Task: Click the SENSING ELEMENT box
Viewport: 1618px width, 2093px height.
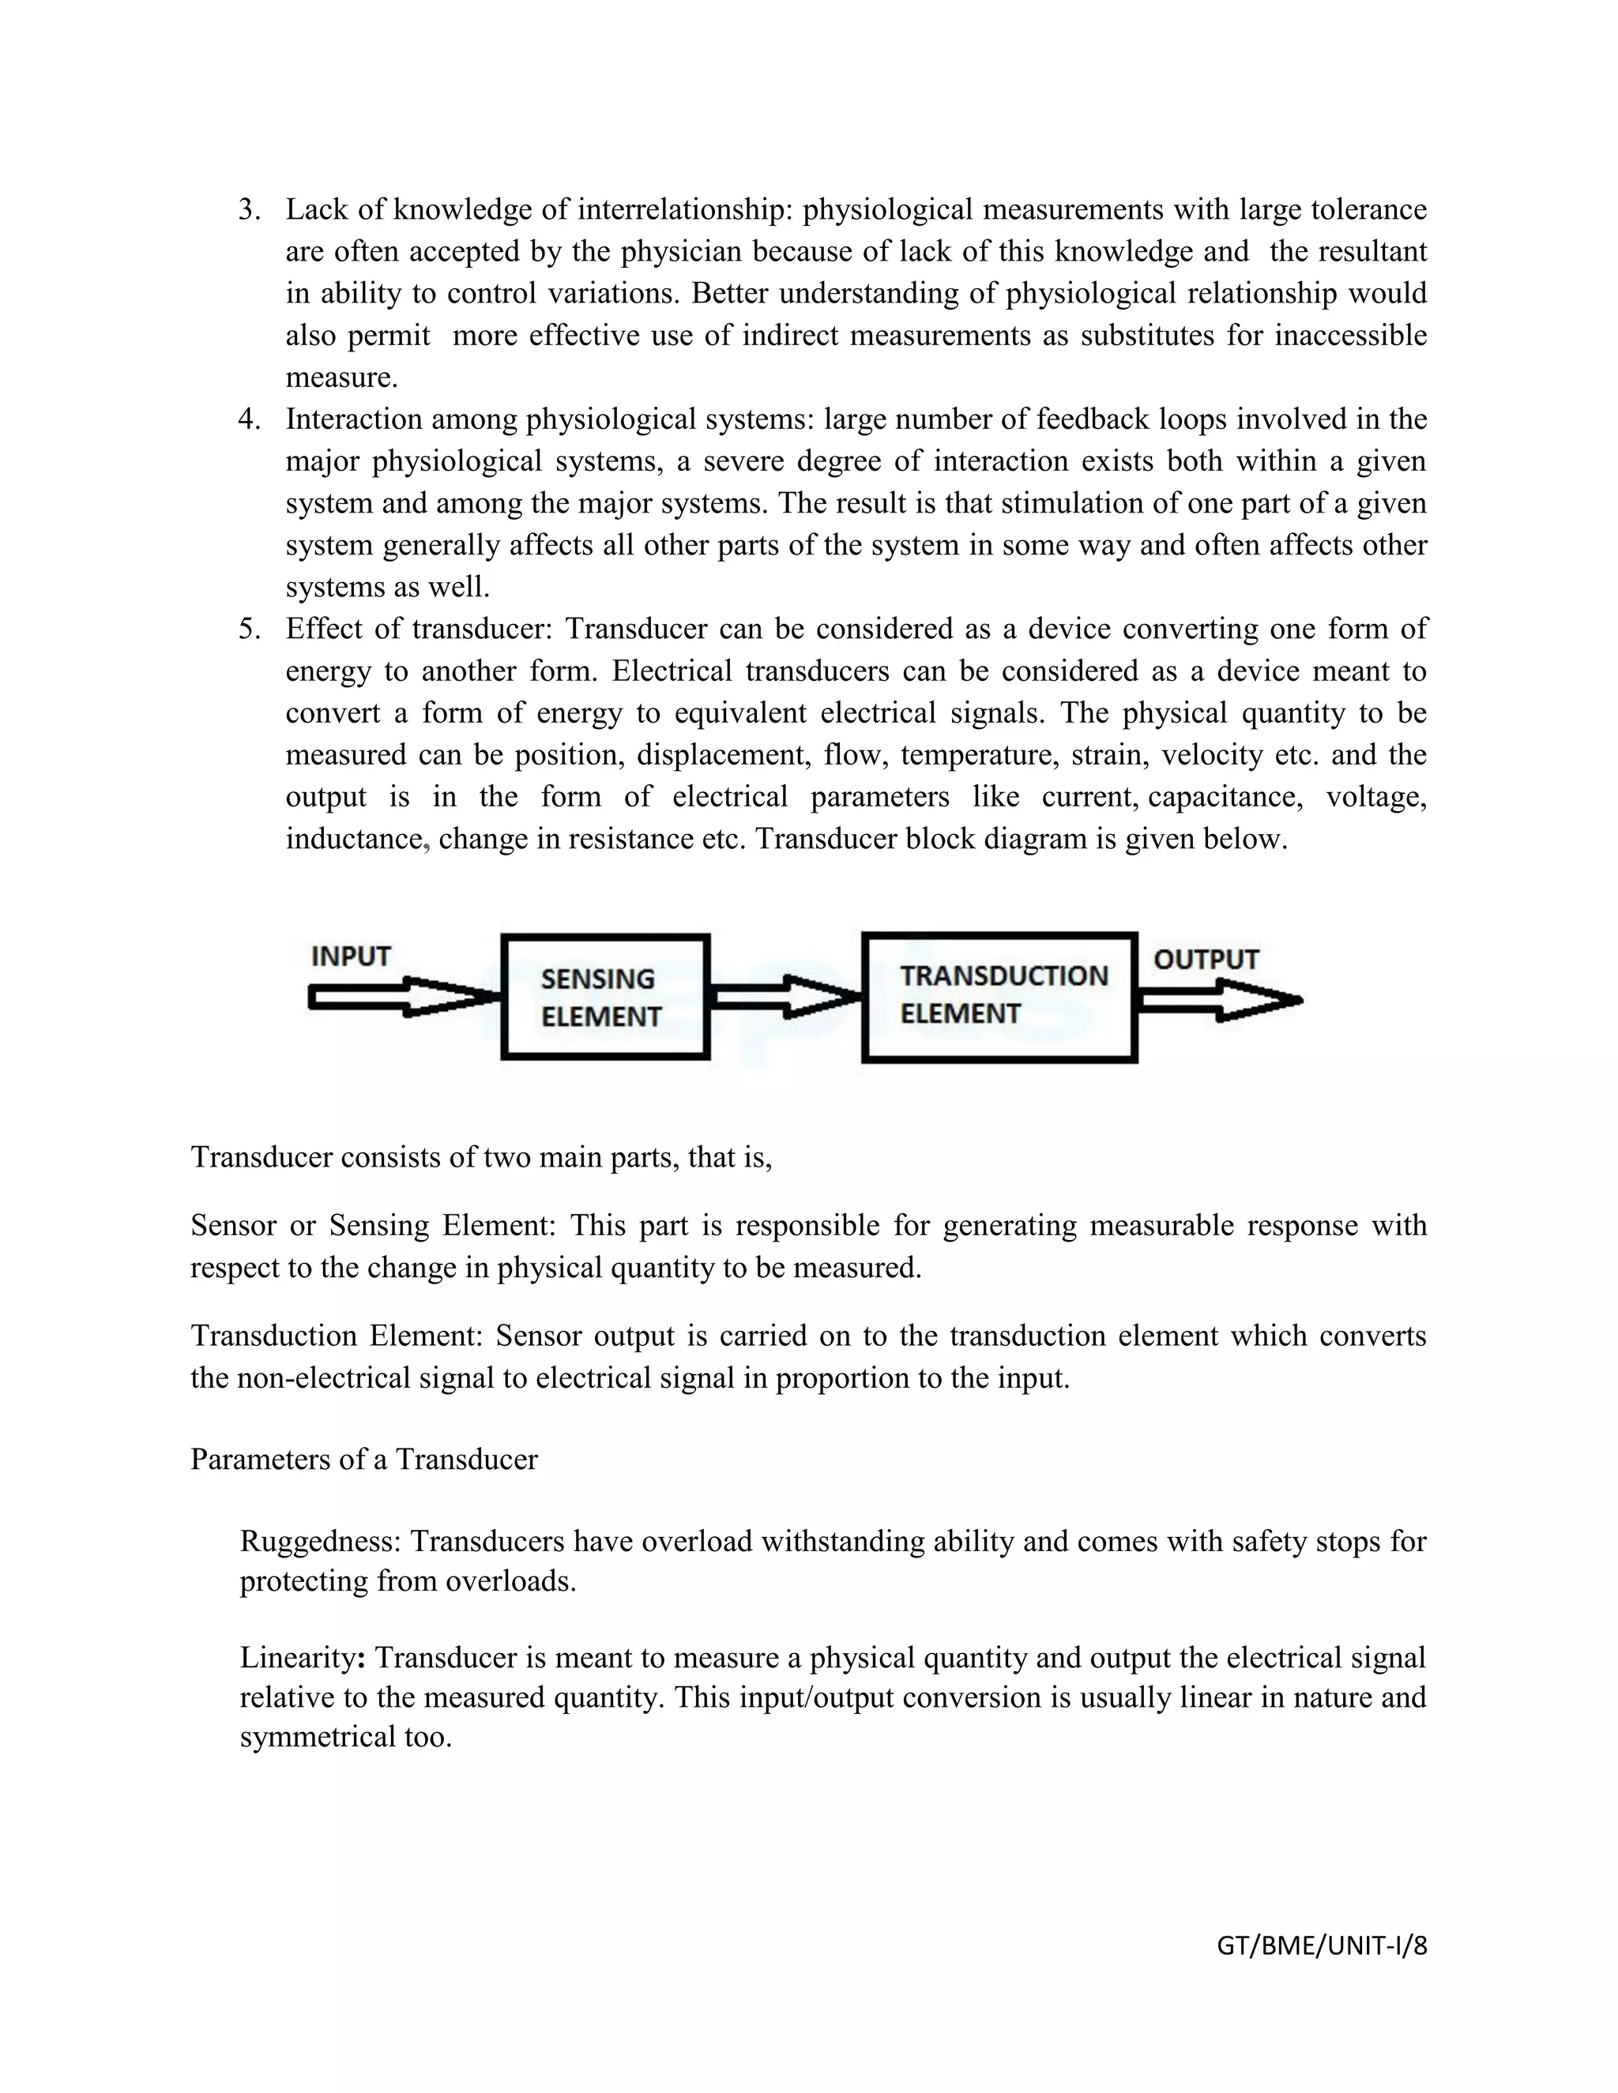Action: pos(605,997)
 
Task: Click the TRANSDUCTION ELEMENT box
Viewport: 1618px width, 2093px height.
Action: pos(999,997)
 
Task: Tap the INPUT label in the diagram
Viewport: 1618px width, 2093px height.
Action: pos(351,956)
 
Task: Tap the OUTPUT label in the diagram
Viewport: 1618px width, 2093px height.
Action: pos(1205,960)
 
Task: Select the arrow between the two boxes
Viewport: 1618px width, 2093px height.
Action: pos(784,997)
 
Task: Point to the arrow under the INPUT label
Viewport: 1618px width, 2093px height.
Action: pos(403,998)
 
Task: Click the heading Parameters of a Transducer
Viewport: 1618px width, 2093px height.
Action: pos(364,1460)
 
